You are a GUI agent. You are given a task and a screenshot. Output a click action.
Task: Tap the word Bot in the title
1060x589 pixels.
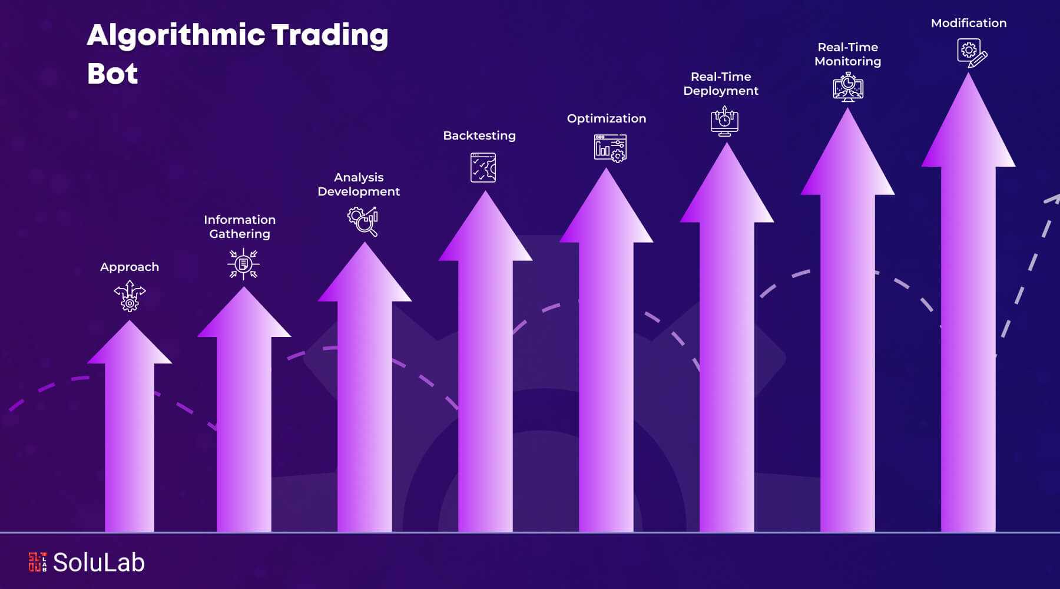(x=112, y=74)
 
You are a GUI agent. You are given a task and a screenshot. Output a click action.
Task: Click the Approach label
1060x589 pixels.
(x=130, y=267)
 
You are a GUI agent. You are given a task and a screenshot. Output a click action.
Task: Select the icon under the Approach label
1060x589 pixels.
(x=130, y=296)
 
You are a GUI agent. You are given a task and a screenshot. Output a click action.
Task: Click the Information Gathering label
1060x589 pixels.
(x=240, y=227)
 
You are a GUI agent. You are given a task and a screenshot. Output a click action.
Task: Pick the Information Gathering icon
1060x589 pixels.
(x=243, y=264)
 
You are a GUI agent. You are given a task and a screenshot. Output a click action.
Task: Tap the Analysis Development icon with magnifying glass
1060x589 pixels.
(x=363, y=221)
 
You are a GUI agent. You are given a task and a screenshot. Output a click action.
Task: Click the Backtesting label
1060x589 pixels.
(x=479, y=135)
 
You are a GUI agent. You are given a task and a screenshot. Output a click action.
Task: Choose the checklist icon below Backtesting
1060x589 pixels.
(x=483, y=168)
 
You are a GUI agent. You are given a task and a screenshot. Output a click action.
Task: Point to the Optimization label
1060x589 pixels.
(x=607, y=118)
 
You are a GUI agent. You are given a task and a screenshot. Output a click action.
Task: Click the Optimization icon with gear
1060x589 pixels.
(x=610, y=148)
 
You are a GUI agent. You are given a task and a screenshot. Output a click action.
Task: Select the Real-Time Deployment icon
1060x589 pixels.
(x=724, y=121)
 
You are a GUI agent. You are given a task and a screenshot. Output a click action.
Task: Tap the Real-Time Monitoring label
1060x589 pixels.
(x=848, y=54)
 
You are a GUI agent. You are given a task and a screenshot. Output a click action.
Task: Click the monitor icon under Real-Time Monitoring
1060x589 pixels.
(x=848, y=87)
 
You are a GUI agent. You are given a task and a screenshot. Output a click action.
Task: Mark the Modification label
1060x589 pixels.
(x=969, y=23)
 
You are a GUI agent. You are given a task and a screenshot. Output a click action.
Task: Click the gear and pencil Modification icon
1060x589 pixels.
(x=972, y=53)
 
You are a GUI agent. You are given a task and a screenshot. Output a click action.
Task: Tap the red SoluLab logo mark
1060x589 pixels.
(x=37, y=562)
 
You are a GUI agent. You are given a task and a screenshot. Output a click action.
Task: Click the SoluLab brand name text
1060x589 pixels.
(x=99, y=562)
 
